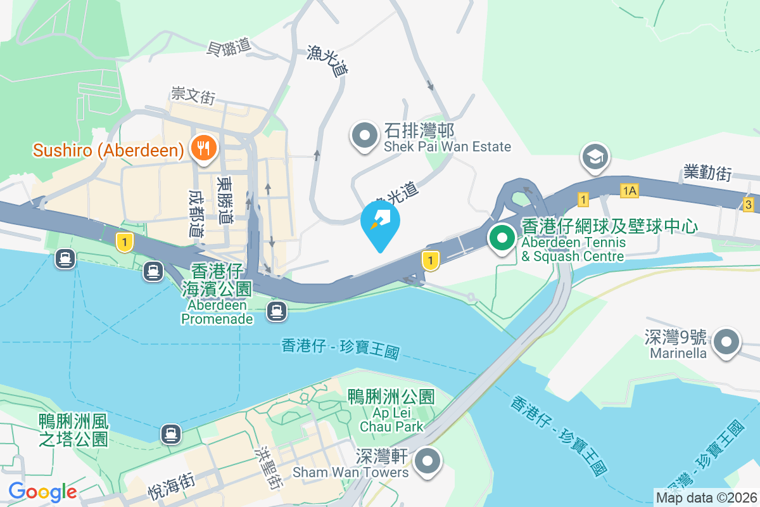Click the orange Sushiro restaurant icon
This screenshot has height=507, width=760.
(203, 148)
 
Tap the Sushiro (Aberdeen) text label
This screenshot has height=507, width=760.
(108, 150)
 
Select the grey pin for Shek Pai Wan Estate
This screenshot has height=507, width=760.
(365, 136)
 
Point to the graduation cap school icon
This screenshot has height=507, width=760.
(596, 157)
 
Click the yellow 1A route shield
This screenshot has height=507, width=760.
(630, 190)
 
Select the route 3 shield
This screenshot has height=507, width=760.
(749, 204)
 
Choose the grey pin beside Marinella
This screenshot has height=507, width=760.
(726, 343)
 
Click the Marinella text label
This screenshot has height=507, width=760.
(677, 353)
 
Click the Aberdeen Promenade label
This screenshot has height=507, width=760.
(217, 312)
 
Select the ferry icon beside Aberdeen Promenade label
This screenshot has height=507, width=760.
(275, 311)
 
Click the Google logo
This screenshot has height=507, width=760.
(42, 491)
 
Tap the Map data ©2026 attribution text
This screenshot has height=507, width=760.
(706, 498)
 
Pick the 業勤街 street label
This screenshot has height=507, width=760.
(707, 172)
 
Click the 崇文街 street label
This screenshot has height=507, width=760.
(193, 96)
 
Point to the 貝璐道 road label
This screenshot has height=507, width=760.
(229, 47)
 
